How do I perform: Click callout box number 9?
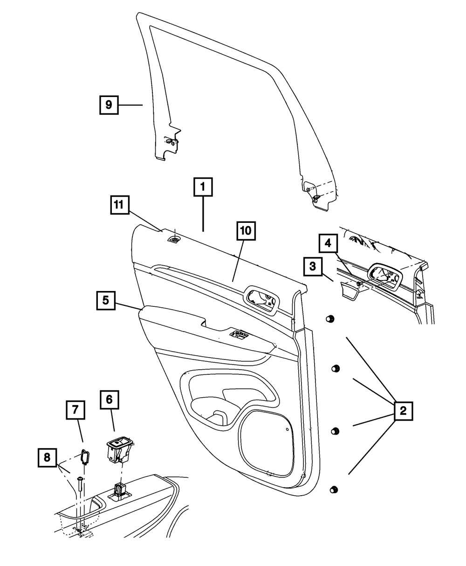pos(108,105)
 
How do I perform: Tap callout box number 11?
pos(120,205)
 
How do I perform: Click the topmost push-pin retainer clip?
pos(329,319)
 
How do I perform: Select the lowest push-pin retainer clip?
pos(333,490)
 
